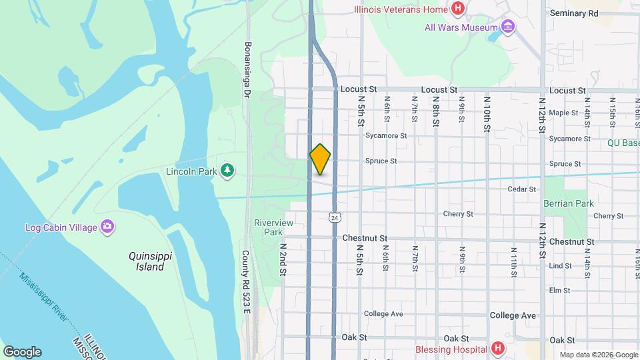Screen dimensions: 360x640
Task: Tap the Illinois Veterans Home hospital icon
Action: tap(458, 9)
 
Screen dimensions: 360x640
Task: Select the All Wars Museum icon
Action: tap(509, 27)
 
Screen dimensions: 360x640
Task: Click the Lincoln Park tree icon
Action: tap(228, 171)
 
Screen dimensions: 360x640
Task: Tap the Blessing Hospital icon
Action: tap(497, 348)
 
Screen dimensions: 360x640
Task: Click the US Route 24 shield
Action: tap(334, 217)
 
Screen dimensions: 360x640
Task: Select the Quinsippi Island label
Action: tap(146, 261)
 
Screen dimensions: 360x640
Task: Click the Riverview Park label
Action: tap(269, 227)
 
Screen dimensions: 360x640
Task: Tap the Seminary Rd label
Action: tap(574, 13)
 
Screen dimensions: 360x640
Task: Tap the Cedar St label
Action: tap(521, 189)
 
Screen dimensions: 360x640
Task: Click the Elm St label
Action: tap(559, 291)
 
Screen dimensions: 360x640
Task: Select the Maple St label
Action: tap(563, 113)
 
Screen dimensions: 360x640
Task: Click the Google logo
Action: tap(22, 352)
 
